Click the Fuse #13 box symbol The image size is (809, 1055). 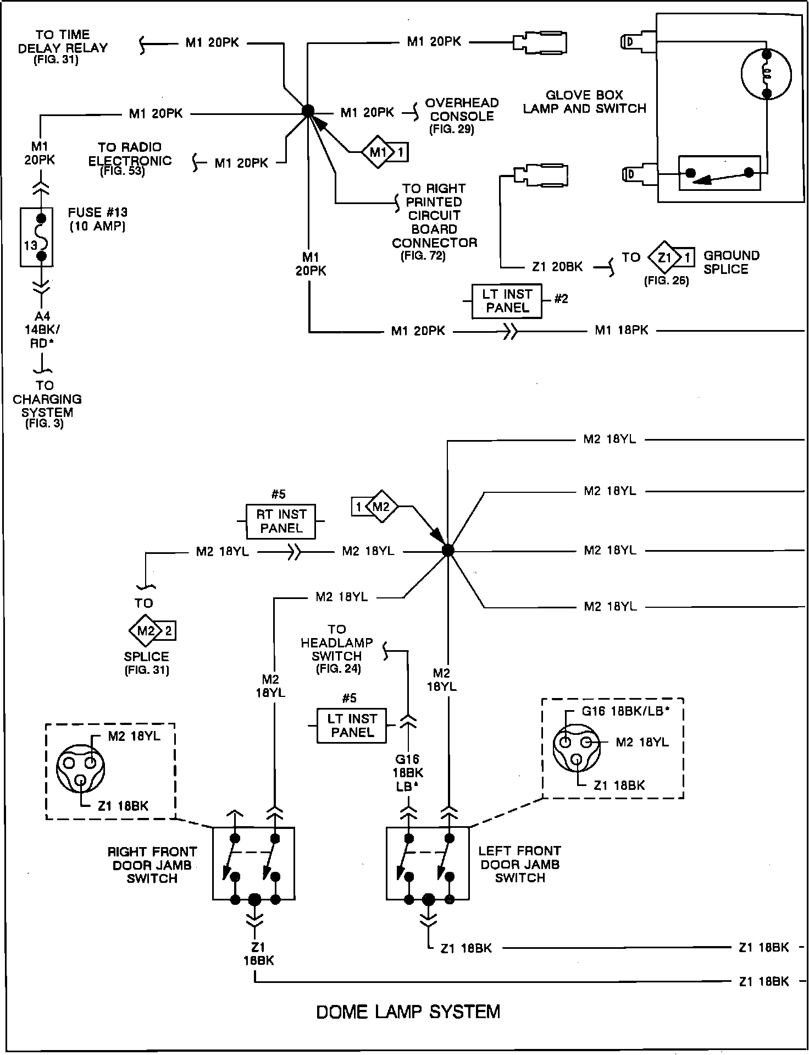pos(36,237)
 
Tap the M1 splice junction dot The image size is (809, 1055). pos(308,111)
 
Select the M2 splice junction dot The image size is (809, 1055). pos(448,550)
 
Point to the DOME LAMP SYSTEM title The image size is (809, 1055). pos(408,1012)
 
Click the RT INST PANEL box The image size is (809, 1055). pos(281,521)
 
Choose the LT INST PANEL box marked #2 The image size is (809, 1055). pos(507,301)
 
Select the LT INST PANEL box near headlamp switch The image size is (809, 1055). pos(352,726)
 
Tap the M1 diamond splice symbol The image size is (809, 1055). pos(385,152)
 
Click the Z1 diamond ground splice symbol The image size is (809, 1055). pos(671,256)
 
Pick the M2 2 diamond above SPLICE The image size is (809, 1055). pos(152,630)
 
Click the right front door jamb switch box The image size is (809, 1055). pos(254,863)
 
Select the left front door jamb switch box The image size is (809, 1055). pos(428,863)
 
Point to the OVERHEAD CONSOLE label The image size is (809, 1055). pos(462,109)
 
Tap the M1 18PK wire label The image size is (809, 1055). pos(622,330)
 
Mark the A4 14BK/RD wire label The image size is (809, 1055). pos(43,329)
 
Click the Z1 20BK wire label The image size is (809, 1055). pos(557,267)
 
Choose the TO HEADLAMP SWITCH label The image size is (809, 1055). pos(336,642)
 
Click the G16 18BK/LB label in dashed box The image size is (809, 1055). pos(626,711)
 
